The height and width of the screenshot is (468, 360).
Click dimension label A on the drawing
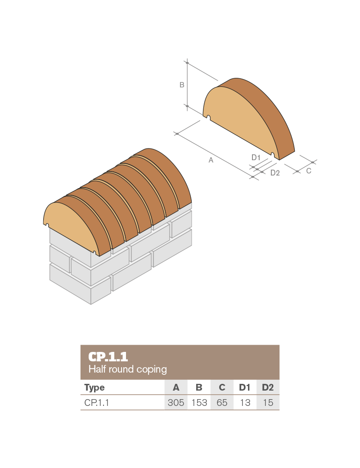211,160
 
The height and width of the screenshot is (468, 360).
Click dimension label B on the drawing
182,85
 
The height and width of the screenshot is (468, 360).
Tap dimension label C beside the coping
309,171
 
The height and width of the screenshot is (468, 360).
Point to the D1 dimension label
256,157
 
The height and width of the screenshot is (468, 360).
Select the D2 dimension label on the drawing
275,173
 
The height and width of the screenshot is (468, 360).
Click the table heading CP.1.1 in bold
108,357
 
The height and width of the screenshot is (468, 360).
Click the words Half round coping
127,369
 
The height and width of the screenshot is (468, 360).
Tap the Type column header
94,387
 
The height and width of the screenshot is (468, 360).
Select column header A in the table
176,387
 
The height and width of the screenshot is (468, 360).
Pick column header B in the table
199,387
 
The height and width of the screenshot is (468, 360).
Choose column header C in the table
222,387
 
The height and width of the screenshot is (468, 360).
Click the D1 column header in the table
245,387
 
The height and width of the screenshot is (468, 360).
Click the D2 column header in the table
268,387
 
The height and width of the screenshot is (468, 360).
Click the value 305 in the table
176,403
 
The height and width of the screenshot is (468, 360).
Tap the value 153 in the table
199,403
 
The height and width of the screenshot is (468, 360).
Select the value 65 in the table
222,403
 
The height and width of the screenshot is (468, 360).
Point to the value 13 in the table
245,403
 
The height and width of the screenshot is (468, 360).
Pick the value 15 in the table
268,403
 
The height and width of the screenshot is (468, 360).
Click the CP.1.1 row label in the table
97,403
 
